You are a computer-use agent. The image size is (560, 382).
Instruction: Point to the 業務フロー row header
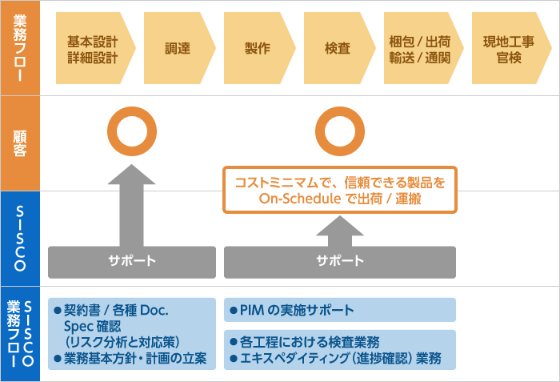click(20, 48)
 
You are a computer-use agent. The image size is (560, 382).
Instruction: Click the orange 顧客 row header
click(20, 143)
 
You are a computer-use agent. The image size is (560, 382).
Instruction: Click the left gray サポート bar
click(131, 261)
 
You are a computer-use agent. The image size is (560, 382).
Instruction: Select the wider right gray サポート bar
click(339, 261)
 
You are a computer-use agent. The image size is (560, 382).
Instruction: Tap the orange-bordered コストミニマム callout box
click(339, 190)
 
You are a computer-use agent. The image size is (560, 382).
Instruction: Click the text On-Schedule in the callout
click(295, 199)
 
